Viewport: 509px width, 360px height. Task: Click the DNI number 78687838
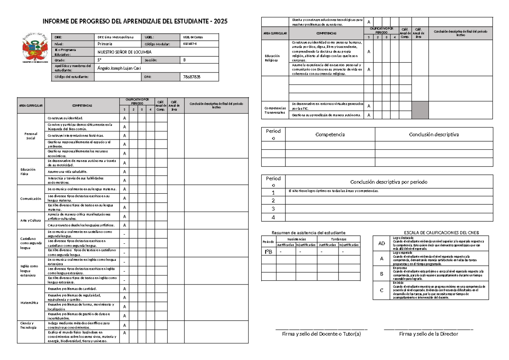tap(191, 77)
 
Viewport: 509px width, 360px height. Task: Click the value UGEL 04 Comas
tap(193, 37)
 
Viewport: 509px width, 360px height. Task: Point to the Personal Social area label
tap(31, 136)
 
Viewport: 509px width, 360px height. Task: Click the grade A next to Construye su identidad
tap(124, 118)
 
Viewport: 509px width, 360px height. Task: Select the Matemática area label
tap(31, 303)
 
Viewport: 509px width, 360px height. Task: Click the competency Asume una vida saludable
tap(68, 171)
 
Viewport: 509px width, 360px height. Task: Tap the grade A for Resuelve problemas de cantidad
tap(124, 289)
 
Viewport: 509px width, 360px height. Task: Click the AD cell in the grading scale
tap(382, 244)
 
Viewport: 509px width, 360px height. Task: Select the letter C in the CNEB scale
tap(382, 290)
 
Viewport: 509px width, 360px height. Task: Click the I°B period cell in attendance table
tap(268, 252)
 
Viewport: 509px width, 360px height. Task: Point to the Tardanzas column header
tap(338, 239)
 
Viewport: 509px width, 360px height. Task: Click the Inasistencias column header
tap(296, 239)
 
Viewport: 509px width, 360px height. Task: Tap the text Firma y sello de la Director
tap(428, 334)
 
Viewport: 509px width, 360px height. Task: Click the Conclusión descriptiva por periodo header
tap(389, 182)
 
